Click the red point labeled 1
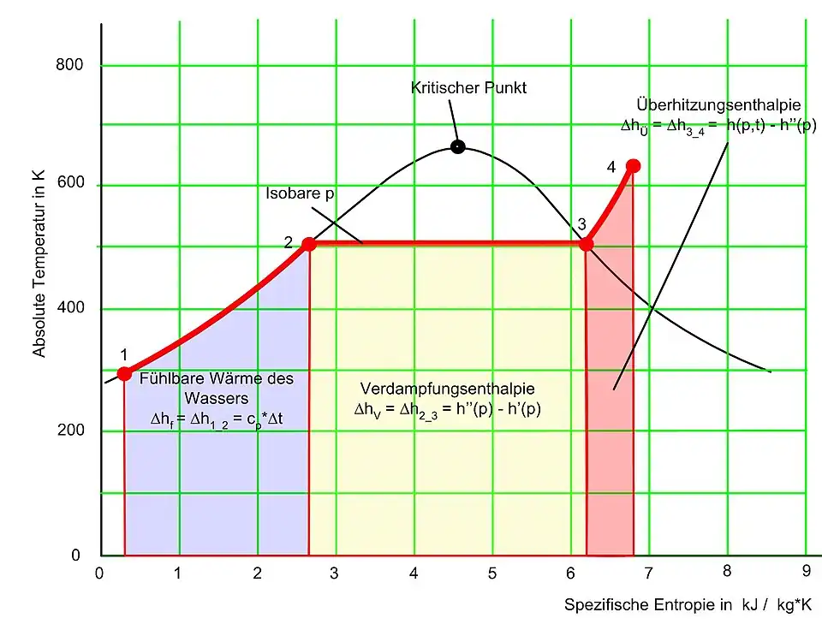[x=124, y=373]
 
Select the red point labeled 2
[x=309, y=244]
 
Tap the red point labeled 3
[x=587, y=244]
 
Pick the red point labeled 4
[x=633, y=165]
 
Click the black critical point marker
[x=458, y=146]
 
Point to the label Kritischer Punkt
[x=468, y=87]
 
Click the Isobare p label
[x=299, y=193]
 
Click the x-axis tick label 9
[x=806, y=573]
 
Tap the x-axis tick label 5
[x=492, y=573]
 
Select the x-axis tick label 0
[x=100, y=573]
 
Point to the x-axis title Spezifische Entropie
[x=647, y=605]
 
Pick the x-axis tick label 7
[x=648, y=573]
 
